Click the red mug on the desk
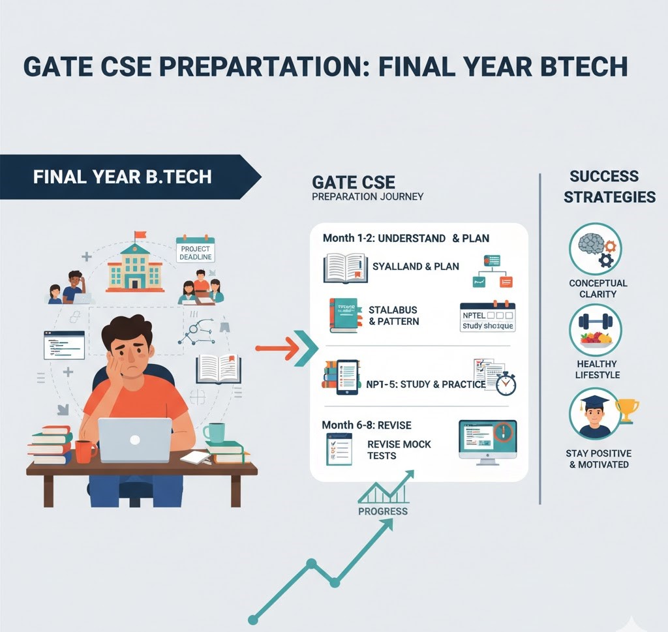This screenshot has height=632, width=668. (83, 451)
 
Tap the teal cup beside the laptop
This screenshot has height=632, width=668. (213, 432)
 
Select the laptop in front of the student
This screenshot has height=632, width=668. (134, 440)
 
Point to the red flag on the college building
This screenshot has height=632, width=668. (140, 235)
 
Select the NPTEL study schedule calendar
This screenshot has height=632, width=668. (487, 316)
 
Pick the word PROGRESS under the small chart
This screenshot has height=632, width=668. (383, 511)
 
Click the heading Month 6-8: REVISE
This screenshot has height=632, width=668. (367, 425)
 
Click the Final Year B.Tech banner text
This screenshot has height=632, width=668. (122, 177)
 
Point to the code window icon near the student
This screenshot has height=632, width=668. (64, 345)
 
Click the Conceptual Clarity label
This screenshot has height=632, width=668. (598, 289)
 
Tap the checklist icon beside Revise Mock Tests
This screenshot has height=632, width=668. (339, 449)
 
